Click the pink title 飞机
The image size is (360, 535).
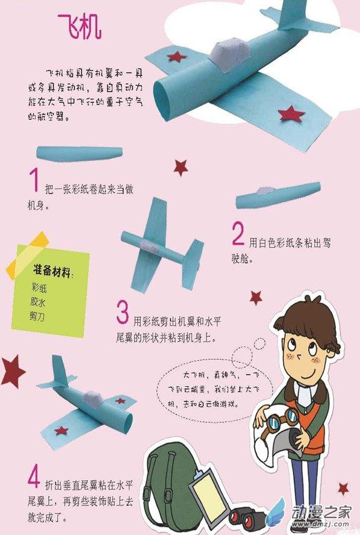79,27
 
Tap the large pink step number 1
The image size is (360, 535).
34,180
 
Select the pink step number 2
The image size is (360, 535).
238,233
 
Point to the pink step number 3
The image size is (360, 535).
122,311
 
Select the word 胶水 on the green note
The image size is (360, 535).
38,302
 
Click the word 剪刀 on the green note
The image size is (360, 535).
37,316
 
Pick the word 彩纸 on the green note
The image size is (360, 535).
39,287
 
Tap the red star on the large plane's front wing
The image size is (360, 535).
291,114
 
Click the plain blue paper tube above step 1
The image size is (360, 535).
79,153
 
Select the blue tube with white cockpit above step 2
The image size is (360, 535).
278,195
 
